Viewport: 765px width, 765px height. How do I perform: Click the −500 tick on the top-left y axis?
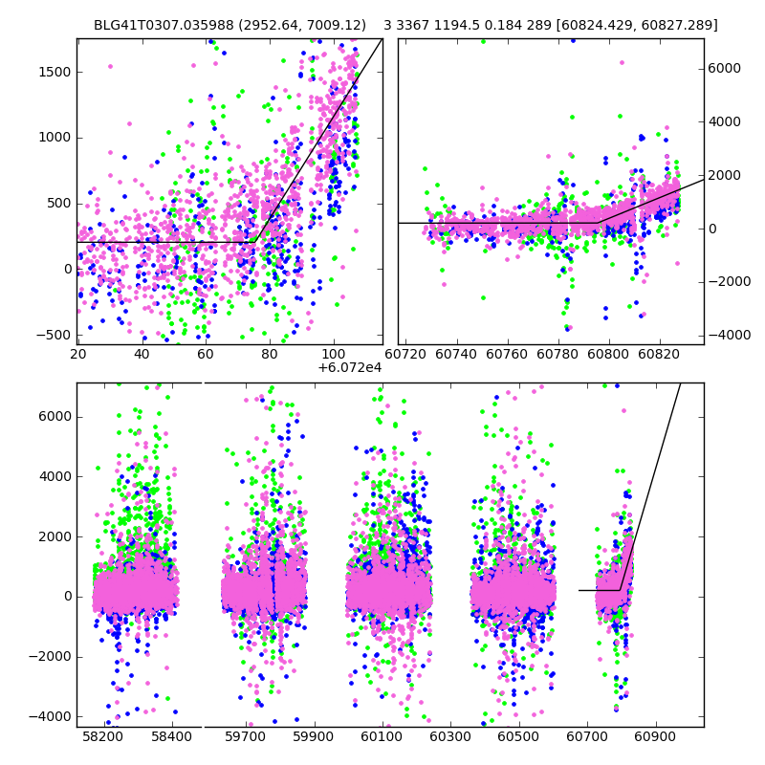[55, 335]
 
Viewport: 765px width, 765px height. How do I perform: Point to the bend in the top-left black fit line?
[257, 242]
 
